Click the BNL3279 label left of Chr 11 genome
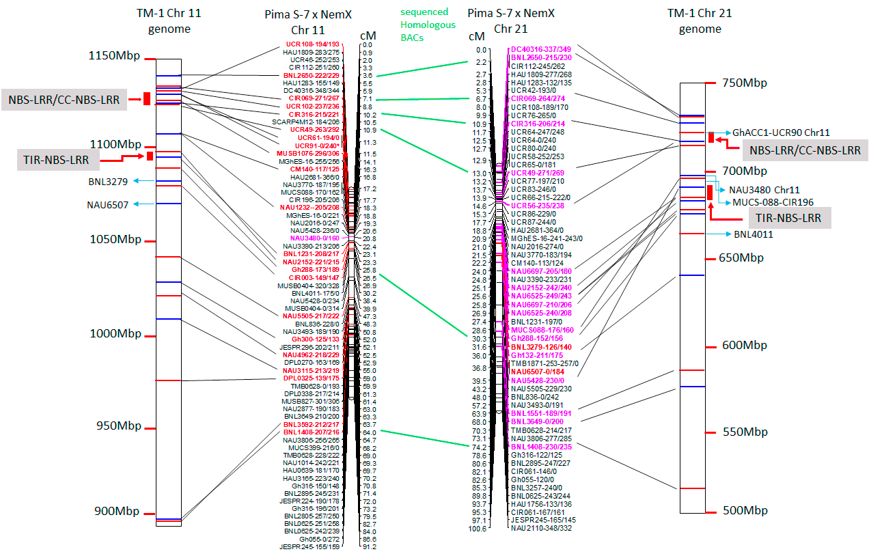[x=108, y=182]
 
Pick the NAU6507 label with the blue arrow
[x=107, y=204]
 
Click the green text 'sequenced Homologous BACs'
[x=424, y=25]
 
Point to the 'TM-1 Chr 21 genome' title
[x=700, y=20]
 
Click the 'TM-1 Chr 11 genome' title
[x=169, y=20]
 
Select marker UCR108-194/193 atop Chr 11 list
[x=312, y=44]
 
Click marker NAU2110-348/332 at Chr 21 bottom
[x=540, y=528]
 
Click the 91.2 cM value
[x=369, y=546]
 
